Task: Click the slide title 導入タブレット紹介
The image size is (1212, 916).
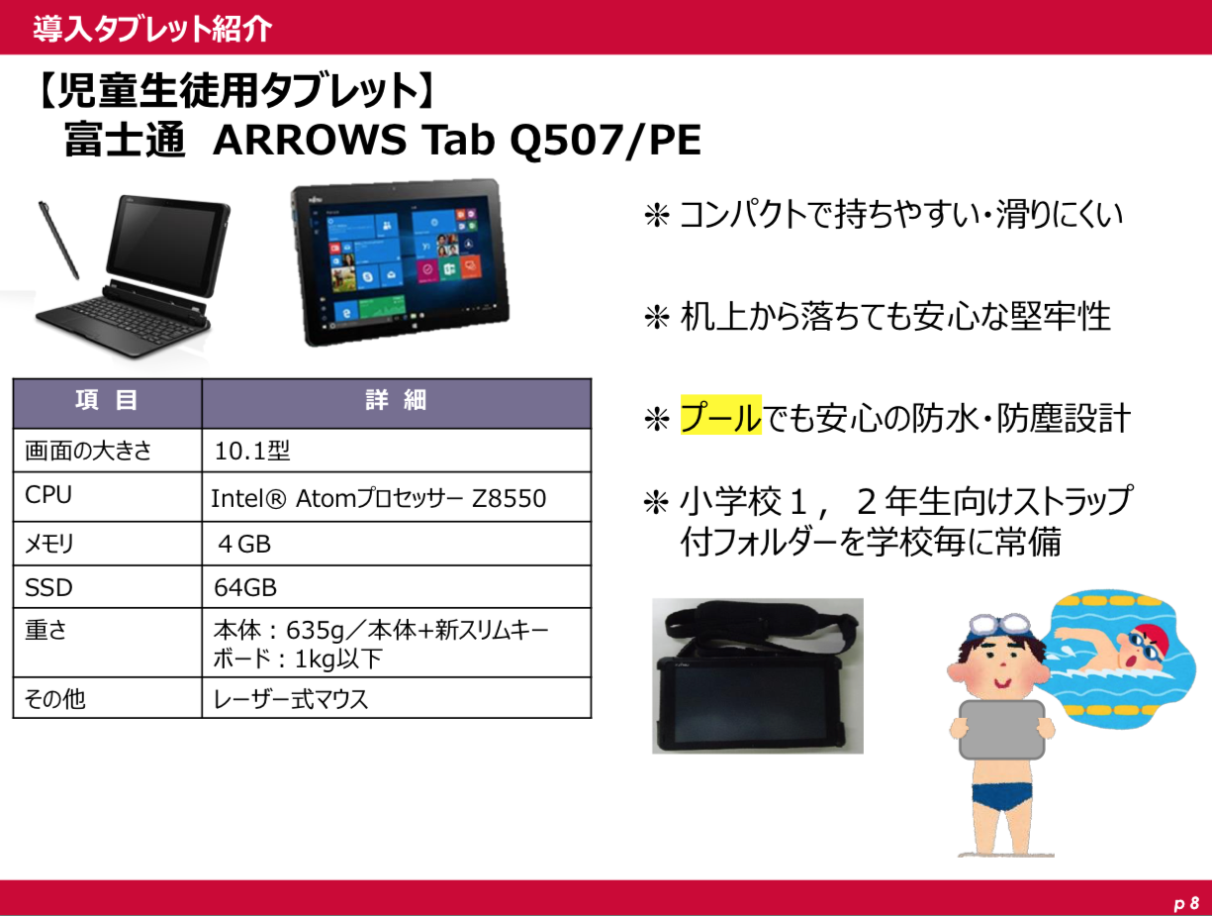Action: (x=152, y=29)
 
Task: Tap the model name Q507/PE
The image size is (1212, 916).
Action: (x=606, y=140)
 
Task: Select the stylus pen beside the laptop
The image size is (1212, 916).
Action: (x=58, y=240)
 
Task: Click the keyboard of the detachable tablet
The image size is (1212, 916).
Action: (x=123, y=320)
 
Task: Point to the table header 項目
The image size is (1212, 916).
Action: (x=107, y=400)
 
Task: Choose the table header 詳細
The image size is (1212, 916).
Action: (x=396, y=400)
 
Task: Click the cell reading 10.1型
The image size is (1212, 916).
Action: (x=251, y=451)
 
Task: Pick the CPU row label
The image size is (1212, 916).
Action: (x=48, y=494)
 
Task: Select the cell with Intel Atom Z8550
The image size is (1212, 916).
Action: (x=378, y=498)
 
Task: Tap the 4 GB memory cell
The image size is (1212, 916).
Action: (x=244, y=545)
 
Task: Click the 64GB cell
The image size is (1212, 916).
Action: (x=245, y=587)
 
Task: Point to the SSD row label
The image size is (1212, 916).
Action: (x=48, y=587)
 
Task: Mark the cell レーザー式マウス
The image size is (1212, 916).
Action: (x=291, y=699)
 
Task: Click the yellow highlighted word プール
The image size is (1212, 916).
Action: (x=720, y=416)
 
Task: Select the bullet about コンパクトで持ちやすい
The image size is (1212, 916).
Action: (x=884, y=214)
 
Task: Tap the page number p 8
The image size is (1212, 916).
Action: (x=1185, y=904)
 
